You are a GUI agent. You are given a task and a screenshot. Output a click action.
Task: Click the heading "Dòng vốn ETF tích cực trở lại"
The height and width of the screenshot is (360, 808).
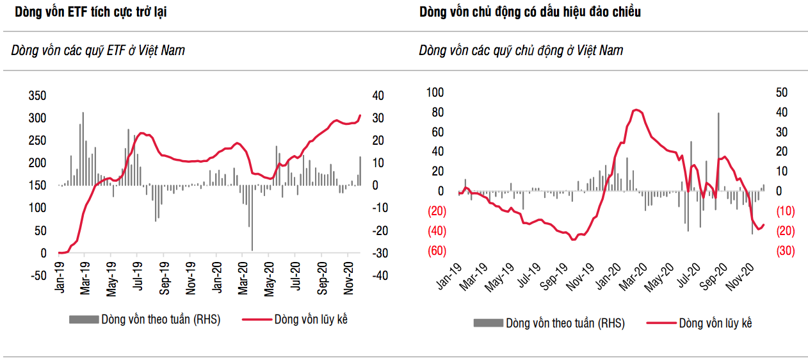click(91, 12)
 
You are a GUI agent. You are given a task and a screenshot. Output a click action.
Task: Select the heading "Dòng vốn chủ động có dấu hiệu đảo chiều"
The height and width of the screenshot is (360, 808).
click(530, 12)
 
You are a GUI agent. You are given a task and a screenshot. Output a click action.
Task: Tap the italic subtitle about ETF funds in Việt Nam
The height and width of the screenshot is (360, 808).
click(98, 50)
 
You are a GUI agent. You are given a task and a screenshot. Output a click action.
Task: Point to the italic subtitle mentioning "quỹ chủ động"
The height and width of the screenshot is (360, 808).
click(521, 50)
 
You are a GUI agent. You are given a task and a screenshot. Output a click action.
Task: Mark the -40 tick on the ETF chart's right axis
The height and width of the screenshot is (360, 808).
click(378, 275)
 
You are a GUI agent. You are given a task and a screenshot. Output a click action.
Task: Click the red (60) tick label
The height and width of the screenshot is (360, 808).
click(437, 251)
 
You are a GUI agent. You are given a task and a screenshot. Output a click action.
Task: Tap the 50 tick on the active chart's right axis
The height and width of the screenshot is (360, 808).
click(781, 93)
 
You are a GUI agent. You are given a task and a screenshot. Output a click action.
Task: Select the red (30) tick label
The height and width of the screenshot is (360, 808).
click(785, 251)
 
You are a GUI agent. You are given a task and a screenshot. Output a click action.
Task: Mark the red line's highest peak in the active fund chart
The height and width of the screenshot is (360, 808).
click(634, 110)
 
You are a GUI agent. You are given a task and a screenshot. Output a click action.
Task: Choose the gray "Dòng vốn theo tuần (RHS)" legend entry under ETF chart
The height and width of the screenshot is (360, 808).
click(144, 320)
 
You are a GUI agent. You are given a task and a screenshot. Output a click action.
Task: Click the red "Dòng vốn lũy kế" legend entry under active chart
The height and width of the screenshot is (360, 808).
click(699, 323)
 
